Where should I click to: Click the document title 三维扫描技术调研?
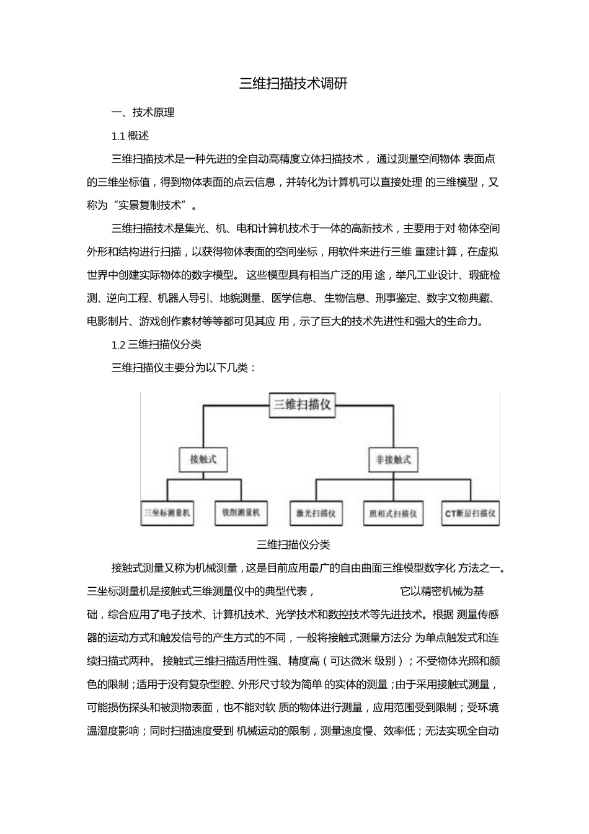(x=293, y=84)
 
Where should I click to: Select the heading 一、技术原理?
(x=143, y=112)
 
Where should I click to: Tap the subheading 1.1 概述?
(x=130, y=136)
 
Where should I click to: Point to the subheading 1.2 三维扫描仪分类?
(x=156, y=345)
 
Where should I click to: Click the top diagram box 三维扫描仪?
(x=303, y=406)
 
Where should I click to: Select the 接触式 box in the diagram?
(x=203, y=459)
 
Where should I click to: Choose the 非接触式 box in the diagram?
(x=393, y=460)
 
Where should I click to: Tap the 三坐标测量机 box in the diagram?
(x=167, y=513)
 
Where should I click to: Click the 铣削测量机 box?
(x=241, y=513)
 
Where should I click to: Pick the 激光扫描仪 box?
(x=316, y=513)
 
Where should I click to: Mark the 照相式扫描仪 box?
(x=393, y=513)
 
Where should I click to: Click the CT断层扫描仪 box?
(x=471, y=513)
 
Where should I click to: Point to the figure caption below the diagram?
(x=293, y=545)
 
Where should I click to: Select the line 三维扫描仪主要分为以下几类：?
(x=184, y=368)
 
